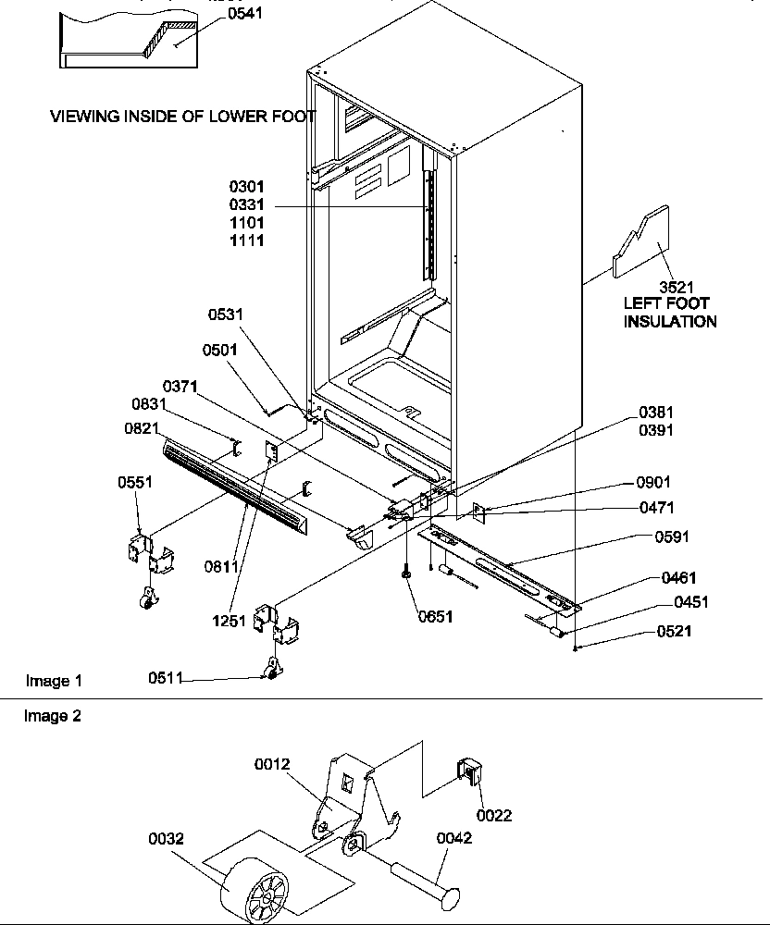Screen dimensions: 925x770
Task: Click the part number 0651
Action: [x=434, y=616]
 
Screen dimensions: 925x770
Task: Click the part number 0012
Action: [x=273, y=764]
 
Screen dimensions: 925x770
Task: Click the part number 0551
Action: [x=135, y=483]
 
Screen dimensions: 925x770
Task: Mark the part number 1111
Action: [x=247, y=240]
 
